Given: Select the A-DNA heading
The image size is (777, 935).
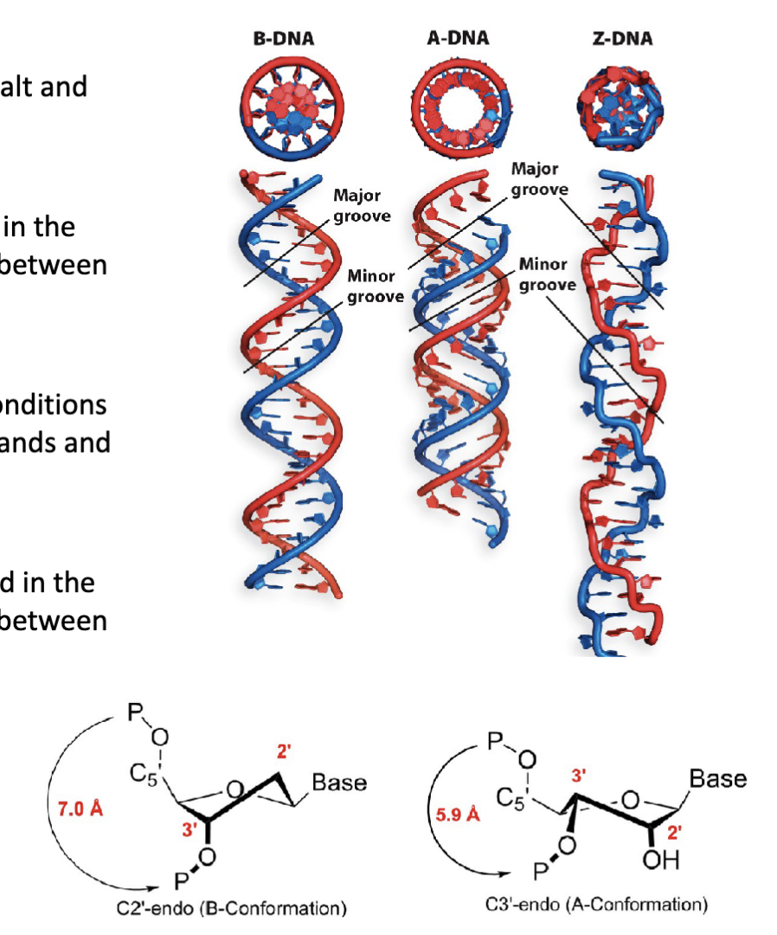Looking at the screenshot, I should click(458, 38).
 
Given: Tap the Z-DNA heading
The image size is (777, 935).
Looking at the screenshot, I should click(623, 38).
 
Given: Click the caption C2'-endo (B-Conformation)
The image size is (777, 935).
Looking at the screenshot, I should click(235, 909).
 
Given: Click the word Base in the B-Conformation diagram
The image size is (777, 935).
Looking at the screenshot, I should click(339, 783).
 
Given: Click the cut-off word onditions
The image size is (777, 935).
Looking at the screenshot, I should click(53, 404).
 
